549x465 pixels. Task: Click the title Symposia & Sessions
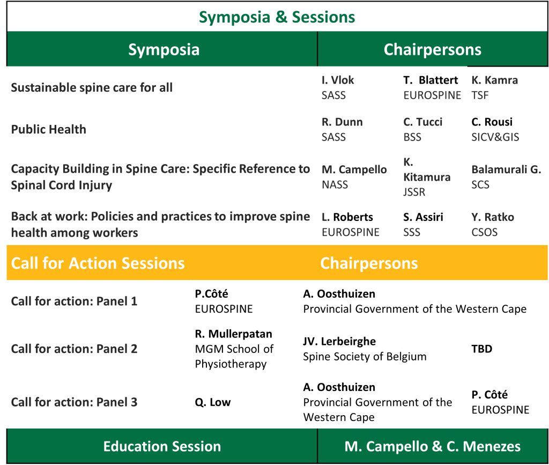coord(277,17)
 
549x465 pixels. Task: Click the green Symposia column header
coord(164,49)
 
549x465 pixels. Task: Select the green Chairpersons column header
coord(433,49)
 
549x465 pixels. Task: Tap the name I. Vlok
coord(338,80)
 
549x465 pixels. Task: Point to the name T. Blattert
coord(431,80)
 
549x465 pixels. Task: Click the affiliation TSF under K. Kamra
coord(480,95)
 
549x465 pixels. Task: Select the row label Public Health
coord(49,129)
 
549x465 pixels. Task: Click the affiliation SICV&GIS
coord(495,137)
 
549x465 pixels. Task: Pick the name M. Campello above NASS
coord(354,169)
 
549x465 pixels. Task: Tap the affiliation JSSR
coord(414,192)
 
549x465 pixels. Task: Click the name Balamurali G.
coord(506,169)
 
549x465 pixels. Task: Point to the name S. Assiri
coord(424,217)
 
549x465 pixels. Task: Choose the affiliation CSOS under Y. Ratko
coord(485,232)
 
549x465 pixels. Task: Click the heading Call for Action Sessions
coord(98,263)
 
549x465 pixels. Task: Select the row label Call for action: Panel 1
coord(74,301)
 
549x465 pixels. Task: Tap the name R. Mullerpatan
coord(234,334)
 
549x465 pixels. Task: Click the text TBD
coord(482,349)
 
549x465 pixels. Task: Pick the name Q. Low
coord(213,402)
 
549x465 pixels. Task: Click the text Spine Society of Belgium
coord(365,357)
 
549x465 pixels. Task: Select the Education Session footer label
coord(162,446)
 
